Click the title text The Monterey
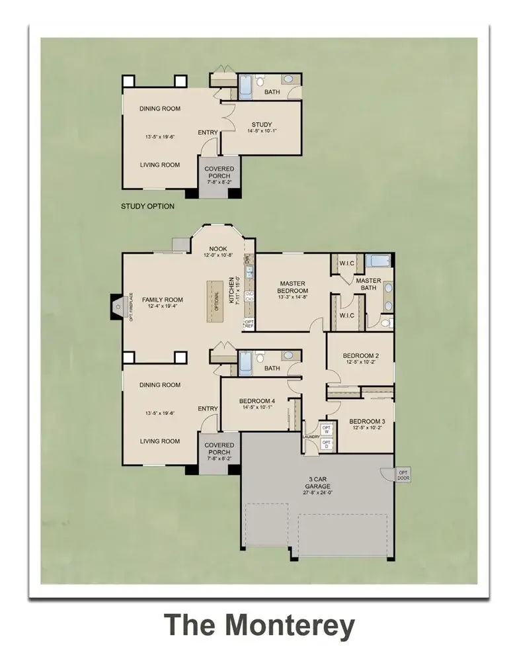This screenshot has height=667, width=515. [258, 625]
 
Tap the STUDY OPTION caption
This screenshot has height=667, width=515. [147, 206]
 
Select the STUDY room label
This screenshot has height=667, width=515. [262, 125]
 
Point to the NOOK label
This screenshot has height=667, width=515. [218, 249]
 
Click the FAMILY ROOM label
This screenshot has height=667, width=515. [163, 300]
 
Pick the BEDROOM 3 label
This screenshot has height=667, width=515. [366, 422]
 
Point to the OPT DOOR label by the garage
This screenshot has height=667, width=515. [403, 474]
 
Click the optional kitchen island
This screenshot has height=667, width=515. [214, 301]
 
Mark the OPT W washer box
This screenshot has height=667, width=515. [326, 429]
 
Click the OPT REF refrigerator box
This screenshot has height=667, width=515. [249, 324]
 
